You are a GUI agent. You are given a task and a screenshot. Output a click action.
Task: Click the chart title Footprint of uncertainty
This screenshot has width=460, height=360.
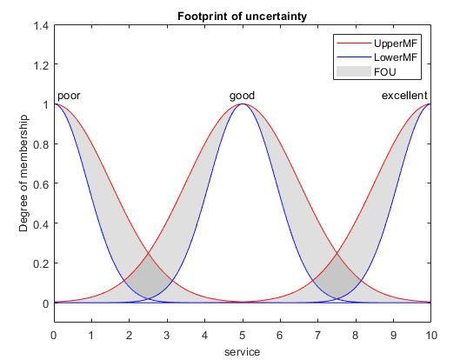click(x=242, y=15)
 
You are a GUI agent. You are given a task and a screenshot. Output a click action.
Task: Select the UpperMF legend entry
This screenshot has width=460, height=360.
click(x=394, y=43)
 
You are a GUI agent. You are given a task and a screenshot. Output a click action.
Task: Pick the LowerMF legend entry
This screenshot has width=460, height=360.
click(x=394, y=57)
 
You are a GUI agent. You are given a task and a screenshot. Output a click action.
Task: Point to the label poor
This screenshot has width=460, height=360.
click(x=69, y=95)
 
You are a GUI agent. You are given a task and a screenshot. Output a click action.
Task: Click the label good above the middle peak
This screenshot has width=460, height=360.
click(x=242, y=95)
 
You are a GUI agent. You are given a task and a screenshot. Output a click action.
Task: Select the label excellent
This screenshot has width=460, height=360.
click(x=404, y=95)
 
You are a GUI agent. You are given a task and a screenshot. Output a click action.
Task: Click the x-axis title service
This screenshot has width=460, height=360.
click(x=242, y=351)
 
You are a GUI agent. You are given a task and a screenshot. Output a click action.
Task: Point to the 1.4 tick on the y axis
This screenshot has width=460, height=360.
click(x=40, y=25)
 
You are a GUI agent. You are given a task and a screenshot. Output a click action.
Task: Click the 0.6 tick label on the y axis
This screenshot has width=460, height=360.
click(x=40, y=184)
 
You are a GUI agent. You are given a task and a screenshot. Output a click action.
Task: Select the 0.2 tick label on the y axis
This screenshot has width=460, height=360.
click(x=40, y=263)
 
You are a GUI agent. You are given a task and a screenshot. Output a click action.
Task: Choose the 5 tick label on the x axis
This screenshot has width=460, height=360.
click(x=242, y=334)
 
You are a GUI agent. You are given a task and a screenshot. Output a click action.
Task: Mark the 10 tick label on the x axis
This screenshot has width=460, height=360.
click(x=430, y=334)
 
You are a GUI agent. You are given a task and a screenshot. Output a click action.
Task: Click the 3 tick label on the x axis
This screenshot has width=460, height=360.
click(x=167, y=334)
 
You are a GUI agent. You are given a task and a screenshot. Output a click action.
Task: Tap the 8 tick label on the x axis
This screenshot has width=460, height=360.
click(x=355, y=334)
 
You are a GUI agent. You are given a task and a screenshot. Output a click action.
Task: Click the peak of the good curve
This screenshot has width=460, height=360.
click(x=242, y=104)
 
